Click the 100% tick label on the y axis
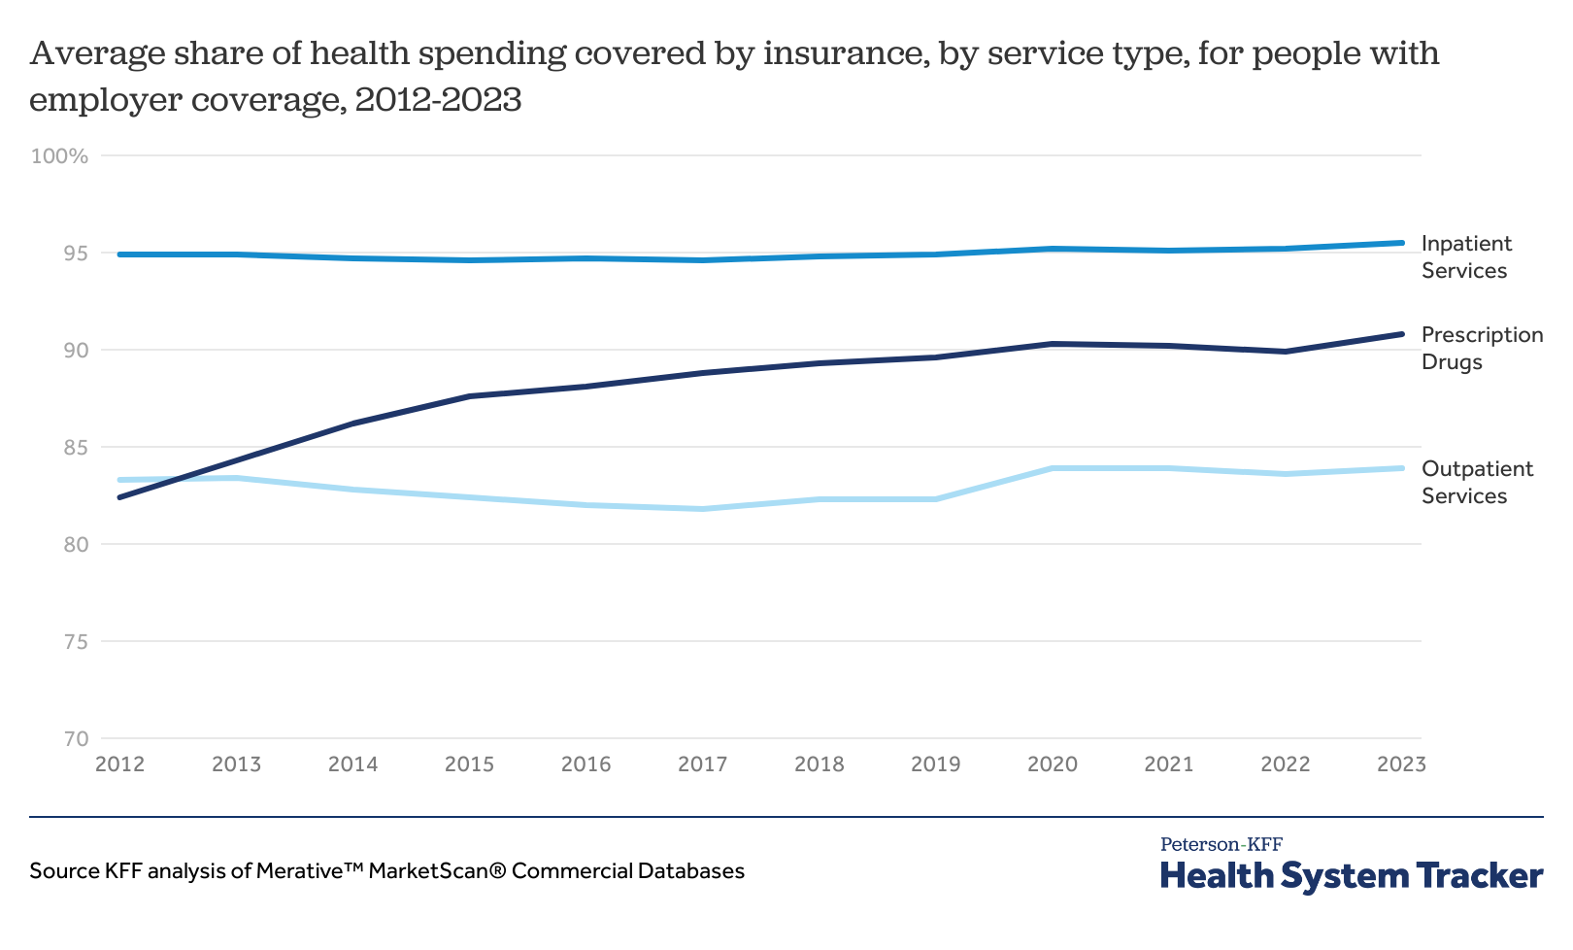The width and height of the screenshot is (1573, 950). click(x=59, y=156)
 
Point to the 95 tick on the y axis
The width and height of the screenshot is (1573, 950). click(x=74, y=254)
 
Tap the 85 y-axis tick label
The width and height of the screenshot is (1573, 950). click(x=74, y=448)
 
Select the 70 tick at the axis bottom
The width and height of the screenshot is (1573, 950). click(x=74, y=739)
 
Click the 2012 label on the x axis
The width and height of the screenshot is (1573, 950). click(x=120, y=764)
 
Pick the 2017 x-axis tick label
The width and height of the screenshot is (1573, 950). click(x=703, y=764)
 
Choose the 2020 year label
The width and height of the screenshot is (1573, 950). click(x=1053, y=764)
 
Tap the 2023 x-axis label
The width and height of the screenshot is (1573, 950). click(x=1401, y=764)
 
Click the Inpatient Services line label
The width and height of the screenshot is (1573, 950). click(x=1466, y=257)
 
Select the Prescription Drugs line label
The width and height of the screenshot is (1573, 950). click(x=1482, y=349)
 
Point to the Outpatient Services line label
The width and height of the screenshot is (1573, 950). click(x=1477, y=483)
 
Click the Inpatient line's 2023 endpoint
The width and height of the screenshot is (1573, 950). click(x=1401, y=243)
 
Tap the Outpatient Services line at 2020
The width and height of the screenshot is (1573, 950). click(x=1053, y=468)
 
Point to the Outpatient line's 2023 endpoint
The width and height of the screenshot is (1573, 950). click(x=1401, y=468)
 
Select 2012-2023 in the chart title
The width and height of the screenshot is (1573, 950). click(x=438, y=99)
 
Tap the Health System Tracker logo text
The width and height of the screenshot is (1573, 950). click(x=1352, y=875)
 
